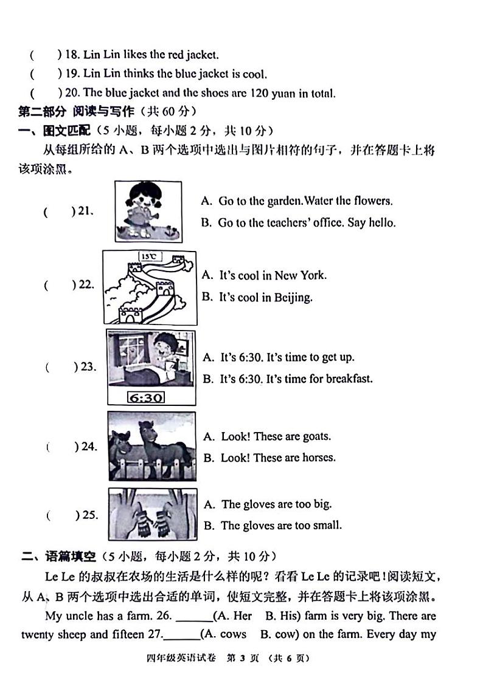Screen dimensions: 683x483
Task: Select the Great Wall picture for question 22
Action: pyautogui.click(x=149, y=287)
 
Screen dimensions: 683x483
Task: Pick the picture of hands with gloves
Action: pyautogui.click(x=152, y=514)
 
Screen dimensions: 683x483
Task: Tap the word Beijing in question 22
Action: pyautogui.click(x=293, y=298)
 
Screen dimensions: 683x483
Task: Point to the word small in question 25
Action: pyautogui.click(x=327, y=525)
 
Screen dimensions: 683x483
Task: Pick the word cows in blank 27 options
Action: pyautogui.click(x=233, y=634)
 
